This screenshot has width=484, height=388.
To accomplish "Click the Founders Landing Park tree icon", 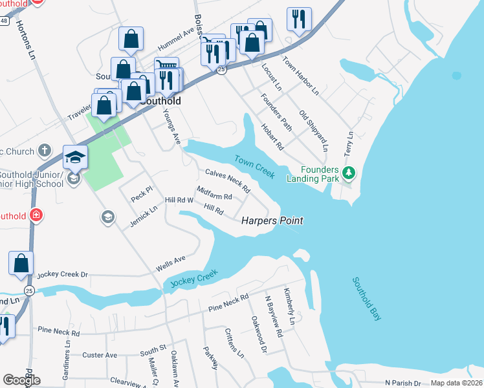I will [349, 173].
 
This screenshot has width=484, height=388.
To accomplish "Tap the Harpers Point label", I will [272, 221].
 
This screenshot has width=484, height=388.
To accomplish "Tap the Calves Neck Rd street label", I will [228, 181].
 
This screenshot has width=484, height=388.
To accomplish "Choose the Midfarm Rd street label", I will [214, 193].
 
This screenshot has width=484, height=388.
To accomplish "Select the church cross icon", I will [44, 151].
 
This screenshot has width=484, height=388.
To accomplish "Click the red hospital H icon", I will [37, 215].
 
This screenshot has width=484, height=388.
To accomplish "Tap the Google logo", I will [21, 380].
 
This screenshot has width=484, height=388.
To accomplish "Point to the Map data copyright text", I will [456, 383].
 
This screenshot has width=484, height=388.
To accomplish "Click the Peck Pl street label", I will [141, 194].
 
